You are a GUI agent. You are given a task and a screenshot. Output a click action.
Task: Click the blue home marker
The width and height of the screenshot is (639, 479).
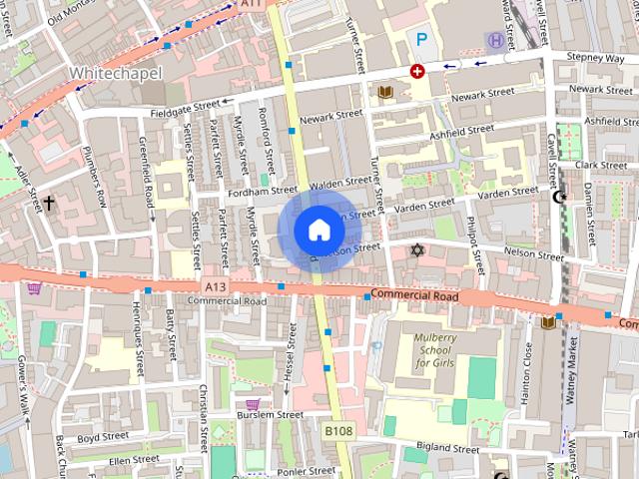(x=319, y=231)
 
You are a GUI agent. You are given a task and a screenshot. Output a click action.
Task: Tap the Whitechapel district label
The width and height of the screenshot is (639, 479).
(x=110, y=74)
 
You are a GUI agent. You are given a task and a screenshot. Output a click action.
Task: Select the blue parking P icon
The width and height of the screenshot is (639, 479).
(x=422, y=40)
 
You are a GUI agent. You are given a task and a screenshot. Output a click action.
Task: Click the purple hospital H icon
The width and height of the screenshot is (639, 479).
(x=496, y=39)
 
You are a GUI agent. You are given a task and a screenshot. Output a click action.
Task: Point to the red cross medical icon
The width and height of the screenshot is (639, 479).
(x=417, y=71)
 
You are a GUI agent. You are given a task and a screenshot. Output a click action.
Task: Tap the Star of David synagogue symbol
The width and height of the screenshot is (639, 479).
(x=417, y=248)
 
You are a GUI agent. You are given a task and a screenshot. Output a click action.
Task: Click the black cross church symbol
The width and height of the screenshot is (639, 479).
(x=48, y=204)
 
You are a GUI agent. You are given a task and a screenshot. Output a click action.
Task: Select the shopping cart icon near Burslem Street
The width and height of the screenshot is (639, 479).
(x=253, y=404)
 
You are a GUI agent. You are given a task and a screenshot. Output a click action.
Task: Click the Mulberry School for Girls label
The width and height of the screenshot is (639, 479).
(x=435, y=351)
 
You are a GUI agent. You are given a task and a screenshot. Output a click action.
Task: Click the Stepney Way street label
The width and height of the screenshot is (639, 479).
(x=594, y=59)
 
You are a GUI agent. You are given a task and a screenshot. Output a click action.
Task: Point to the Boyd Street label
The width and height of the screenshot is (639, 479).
(x=104, y=436)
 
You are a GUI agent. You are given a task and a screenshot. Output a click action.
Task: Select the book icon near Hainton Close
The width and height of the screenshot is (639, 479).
(x=547, y=322)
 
